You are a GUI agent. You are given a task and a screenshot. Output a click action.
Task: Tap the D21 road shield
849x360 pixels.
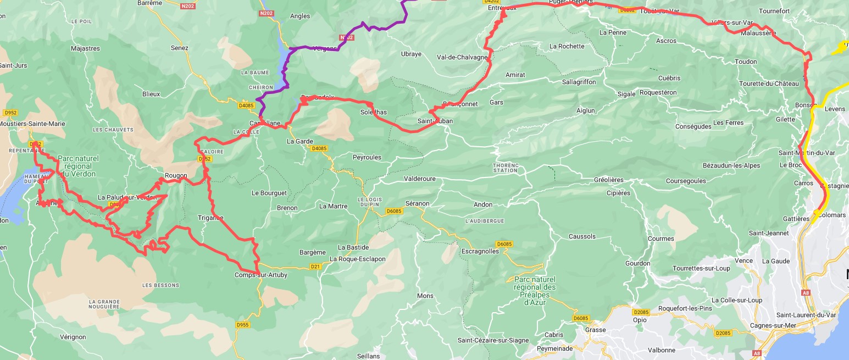coord(315,267)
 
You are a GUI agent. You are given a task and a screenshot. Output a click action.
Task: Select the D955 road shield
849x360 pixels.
coord(242,325)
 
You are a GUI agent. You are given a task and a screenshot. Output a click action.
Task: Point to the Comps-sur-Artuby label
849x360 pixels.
coord(260,275)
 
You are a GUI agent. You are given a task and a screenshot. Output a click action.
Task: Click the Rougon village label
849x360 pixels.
coord(176,176)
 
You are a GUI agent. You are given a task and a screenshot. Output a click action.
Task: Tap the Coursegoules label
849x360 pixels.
coord(686,181)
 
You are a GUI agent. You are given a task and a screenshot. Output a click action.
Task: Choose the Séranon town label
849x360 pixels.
coord(417,203)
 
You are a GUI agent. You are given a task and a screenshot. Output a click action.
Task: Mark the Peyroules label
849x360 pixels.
coord(367,157)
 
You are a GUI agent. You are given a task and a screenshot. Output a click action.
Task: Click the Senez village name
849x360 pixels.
coord(179,48)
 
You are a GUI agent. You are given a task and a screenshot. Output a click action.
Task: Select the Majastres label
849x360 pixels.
coord(86,48)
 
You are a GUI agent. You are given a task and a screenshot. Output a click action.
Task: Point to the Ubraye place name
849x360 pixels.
coord(411,54)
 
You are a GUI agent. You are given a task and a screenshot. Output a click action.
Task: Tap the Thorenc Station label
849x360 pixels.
coord(505,167)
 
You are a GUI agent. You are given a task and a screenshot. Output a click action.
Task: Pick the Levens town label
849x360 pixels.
coord(835,109)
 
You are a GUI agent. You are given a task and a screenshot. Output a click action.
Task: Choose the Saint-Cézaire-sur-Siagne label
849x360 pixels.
coord(493,340)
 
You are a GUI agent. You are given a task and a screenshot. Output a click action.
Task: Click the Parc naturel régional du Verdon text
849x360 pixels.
coord(78,166)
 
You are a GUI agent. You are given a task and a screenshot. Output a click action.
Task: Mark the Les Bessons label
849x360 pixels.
coord(160,285)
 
